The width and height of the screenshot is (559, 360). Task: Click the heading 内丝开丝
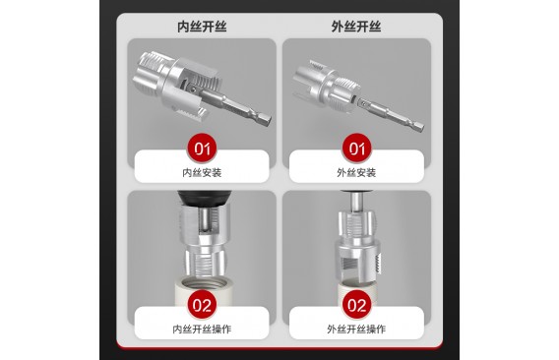tap(202, 27)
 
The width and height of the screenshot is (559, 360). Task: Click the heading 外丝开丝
tap(356, 27)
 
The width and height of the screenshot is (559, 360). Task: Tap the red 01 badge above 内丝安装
tap(202, 149)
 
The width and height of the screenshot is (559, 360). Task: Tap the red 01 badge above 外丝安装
tap(356, 149)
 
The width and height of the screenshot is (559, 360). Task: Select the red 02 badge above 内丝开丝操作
tap(202, 305)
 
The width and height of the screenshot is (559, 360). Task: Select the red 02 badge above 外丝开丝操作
tap(356, 305)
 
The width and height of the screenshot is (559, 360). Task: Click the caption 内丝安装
tap(202, 173)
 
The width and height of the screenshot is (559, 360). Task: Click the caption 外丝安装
tap(356, 173)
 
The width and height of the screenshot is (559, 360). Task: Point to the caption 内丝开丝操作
tap(202, 329)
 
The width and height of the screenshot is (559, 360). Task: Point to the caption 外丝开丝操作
tap(356, 329)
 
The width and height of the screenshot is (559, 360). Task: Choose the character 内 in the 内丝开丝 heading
tap(183, 27)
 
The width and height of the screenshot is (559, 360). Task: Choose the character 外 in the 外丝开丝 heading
tap(338, 27)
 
